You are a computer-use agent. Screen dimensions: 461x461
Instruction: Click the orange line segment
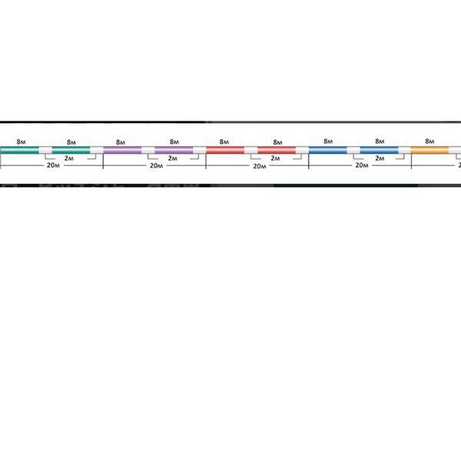pos(429,150)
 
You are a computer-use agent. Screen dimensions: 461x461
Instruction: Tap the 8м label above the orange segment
pos(429,141)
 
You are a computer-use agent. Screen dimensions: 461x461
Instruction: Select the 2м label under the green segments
pos(69,158)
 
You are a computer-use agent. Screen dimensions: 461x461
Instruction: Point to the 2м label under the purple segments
pos(173,158)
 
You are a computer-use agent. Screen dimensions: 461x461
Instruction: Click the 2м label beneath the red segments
pos(275,158)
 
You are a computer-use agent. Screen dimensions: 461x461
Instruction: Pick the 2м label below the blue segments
pos(380,158)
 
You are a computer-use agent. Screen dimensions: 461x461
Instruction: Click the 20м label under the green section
pos(53,165)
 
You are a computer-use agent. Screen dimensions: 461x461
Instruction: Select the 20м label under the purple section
pos(157,166)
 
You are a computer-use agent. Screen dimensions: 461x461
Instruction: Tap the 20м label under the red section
pos(260,166)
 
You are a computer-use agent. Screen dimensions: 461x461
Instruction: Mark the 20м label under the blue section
pos(362,165)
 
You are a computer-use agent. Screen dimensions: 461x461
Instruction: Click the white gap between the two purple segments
pos(148,150)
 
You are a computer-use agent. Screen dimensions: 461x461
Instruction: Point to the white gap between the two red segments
pos(250,150)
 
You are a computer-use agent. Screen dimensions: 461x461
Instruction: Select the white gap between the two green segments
pos(45,150)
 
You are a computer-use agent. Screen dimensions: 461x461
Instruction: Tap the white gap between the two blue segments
pos(353,150)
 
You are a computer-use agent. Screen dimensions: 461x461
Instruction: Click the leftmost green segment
pos(19,150)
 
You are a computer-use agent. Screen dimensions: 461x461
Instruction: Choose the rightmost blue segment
pos(380,150)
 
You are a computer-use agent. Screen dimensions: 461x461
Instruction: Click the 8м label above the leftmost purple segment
pos(121,142)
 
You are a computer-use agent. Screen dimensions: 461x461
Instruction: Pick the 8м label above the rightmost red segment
pos(277,142)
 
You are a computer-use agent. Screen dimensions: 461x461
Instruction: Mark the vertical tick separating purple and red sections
pos(206,161)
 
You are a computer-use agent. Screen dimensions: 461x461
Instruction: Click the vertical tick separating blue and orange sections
pos(411,161)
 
